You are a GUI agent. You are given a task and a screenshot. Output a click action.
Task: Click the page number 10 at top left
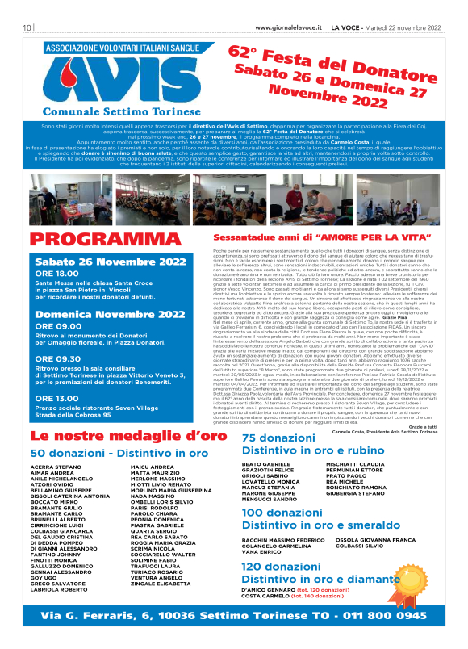[27, 27]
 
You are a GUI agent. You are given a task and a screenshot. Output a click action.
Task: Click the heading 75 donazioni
[257, 438]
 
